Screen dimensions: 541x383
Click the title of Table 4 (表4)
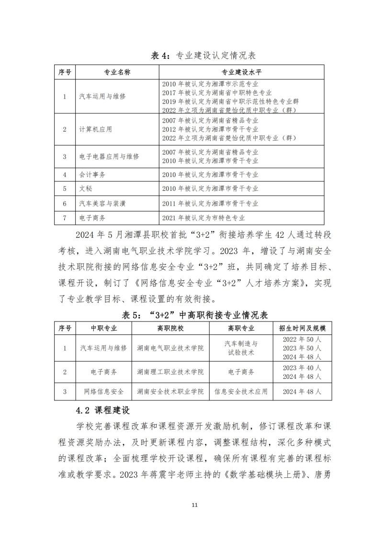pyautogui.click(x=203, y=55)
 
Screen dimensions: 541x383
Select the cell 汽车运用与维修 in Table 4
pyautogui.click(x=102, y=96)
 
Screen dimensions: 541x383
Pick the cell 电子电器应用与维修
pyautogui.click(x=109, y=156)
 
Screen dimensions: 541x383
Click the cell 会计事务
pyautogui.click(x=92, y=175)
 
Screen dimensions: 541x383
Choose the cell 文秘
pyautogui.click(x=85, y=189)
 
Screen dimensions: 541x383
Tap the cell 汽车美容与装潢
pyautogui.click(x=102, y=203)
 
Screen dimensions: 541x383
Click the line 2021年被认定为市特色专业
pyautogui.click(x=203, y=218)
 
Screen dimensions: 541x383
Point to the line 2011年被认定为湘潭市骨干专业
pyautogui.click(x=210, y=203)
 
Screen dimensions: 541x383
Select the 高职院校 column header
pyautogui.click(x=170, y=329)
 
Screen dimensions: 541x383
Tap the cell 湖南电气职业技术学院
pyautogui.click(x=170, y=348)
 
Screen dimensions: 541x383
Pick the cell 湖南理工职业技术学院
pyautogui.click(x=170, y=372)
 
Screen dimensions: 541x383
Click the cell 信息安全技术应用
pyautogui.click(x=241, y=392)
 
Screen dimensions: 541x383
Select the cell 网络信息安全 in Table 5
pyautogui.click(x=104, y=392)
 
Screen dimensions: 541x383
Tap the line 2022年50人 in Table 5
pyautogui.click(x=302, y=339)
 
